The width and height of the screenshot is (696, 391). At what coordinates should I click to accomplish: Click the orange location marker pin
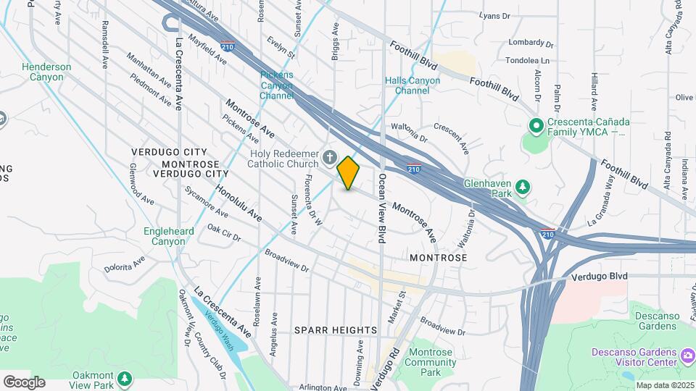point(349,173)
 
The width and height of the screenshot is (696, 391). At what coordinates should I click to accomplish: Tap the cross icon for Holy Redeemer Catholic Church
point(330,158)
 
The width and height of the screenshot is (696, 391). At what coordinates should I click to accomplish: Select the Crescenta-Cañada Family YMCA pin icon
point(536,127)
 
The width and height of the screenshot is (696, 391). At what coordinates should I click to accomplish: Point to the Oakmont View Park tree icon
point(125,379)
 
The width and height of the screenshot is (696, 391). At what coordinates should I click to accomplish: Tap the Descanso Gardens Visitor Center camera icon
point(687,356)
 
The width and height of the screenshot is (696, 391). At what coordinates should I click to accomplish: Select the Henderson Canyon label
point(46,72)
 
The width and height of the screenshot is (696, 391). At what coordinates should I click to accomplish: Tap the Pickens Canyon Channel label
point(277,85)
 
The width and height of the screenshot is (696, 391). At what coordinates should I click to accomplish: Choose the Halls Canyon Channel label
point(417,85)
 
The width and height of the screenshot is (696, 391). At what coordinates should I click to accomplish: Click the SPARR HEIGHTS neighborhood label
point(336,330)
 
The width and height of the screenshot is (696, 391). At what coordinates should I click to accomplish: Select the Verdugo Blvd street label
point(599,277)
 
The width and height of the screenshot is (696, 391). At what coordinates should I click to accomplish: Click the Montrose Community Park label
point(431,362)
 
